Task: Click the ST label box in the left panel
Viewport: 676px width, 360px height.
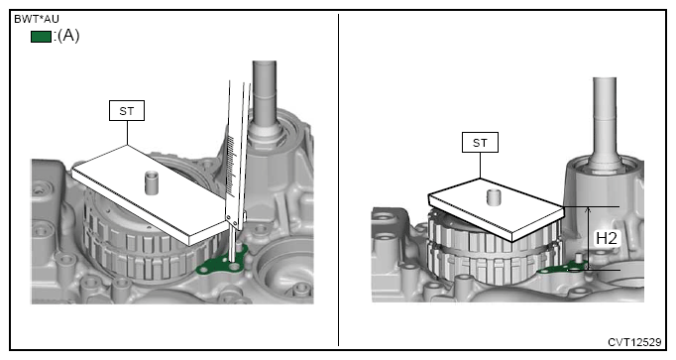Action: click(127, 111)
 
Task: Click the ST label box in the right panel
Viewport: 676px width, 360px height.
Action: click(480, 142)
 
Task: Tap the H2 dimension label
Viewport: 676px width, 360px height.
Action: click(607, 238)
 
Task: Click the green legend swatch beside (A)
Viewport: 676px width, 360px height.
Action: click(41, 37)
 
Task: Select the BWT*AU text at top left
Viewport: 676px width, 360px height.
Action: click(37, 19)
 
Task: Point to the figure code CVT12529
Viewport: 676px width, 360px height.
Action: click(634, 342)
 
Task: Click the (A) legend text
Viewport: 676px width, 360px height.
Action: click(68, 36)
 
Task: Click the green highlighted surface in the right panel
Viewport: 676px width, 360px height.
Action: click(560, 269)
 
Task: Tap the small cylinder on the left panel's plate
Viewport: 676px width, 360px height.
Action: click(151, 182)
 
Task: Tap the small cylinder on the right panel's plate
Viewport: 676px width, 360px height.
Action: click(494, 197)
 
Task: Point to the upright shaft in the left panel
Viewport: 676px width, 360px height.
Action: click(265, 98)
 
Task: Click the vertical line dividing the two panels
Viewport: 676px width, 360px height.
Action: click(338, 180)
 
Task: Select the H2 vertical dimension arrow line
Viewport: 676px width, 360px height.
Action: click(588, 238)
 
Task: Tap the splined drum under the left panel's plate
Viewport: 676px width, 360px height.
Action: click(143, 246)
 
